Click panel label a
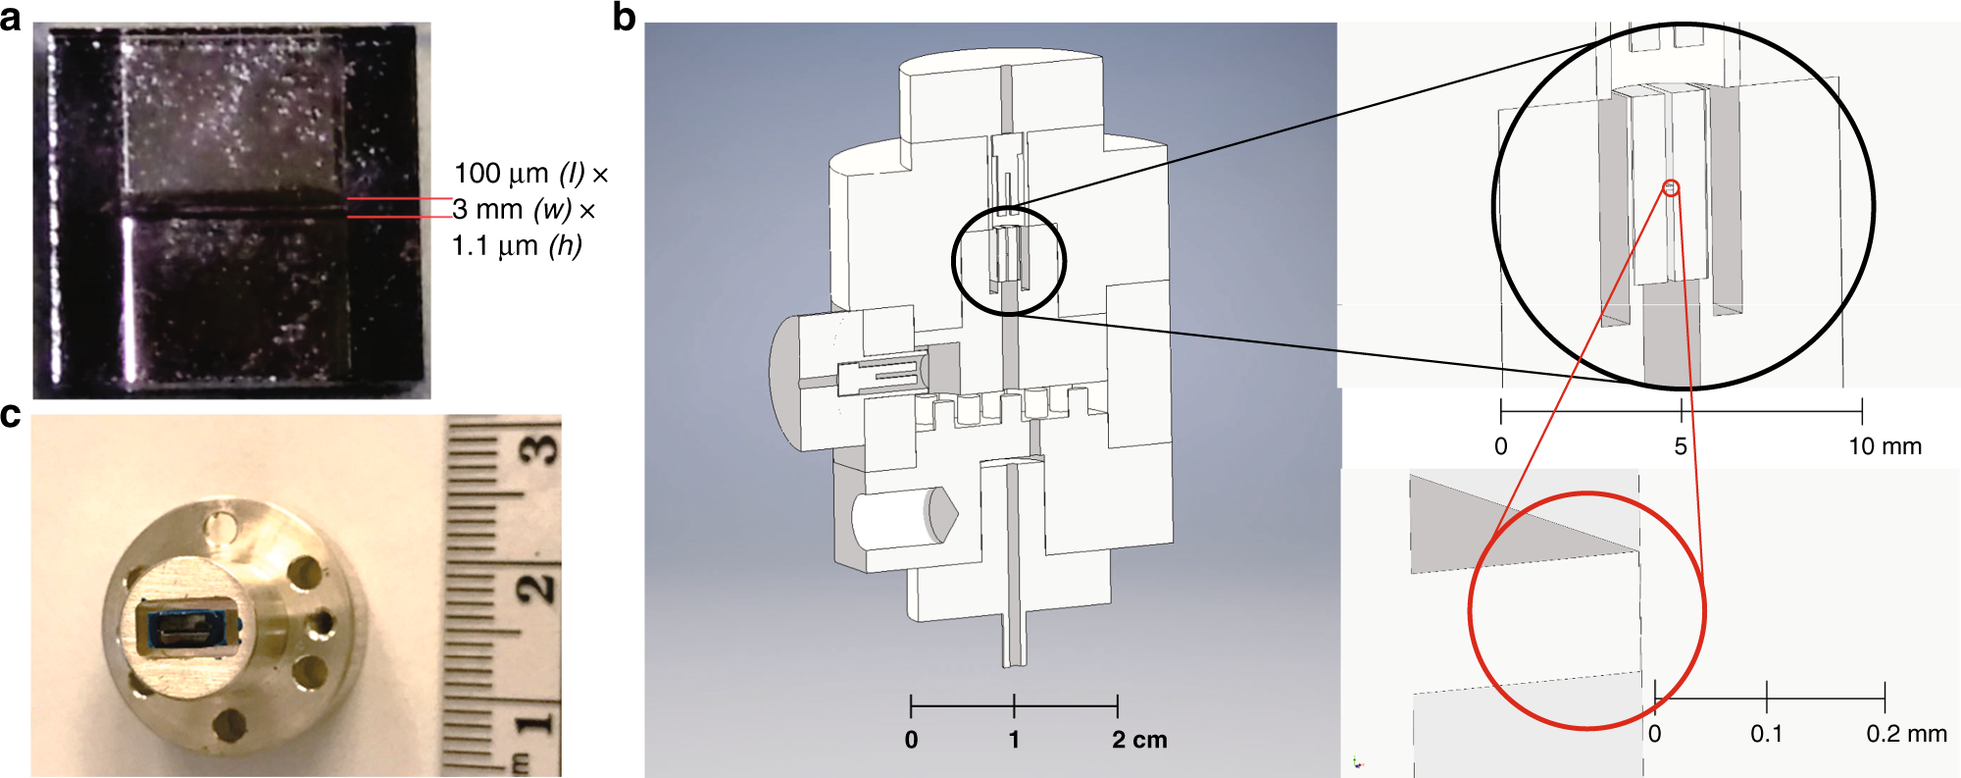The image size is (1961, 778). click(x=11, y=18)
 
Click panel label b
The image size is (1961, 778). click(x=624, y=17)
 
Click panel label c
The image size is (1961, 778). click(x=11, y=416)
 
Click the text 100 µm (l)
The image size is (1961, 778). click(x=519, y=174)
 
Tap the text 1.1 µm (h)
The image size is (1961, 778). click(x=517, y=245)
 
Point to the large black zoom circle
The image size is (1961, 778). click(x=1494, y=206)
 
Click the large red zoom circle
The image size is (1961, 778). click(x=1471, y=610)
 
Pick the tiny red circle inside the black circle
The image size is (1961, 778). click(x=1673, y=187)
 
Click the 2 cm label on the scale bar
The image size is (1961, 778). click(x=1139, y=740)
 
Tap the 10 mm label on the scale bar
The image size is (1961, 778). click(x=1884, y=446)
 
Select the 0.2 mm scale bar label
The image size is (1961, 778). click(x=1905, y=734)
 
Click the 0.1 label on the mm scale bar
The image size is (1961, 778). click(x=1766, y=734)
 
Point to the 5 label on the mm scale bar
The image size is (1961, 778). click(x=1681, y=446)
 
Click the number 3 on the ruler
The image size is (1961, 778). click(x=537, y=448)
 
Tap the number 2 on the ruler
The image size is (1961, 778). click(x=536, y=588)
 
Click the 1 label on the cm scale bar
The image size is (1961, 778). click(x=1014, y=740)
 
